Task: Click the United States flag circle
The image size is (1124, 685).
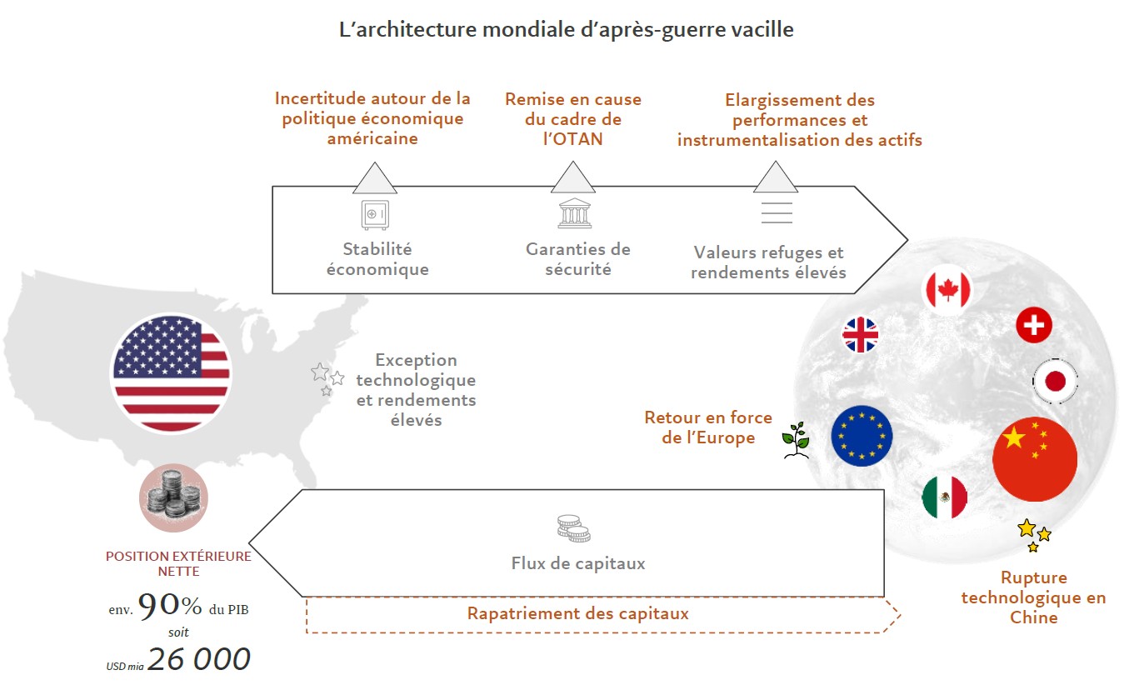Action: point(171,372)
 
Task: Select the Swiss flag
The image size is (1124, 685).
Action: point(1033,325)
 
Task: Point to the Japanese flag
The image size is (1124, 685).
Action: point(1055,382)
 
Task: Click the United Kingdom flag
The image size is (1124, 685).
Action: point(860,335)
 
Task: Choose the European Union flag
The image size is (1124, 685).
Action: point(862,436)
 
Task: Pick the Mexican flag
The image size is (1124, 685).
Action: point(944,497)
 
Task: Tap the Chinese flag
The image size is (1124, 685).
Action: point(1035,459)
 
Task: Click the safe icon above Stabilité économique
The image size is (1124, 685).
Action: point(374,214)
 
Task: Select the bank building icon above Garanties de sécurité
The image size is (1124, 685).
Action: point(575,212)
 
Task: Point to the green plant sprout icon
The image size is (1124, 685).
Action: point(796,440)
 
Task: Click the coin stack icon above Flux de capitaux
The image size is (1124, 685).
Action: point(573,529)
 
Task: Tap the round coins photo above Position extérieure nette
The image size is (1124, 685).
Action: point(173,497)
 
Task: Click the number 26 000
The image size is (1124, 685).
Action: point(199,659)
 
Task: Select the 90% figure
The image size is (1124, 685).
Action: point(170,607)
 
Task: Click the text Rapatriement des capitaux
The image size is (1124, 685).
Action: point(577,614)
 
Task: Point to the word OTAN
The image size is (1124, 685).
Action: point(572,139)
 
